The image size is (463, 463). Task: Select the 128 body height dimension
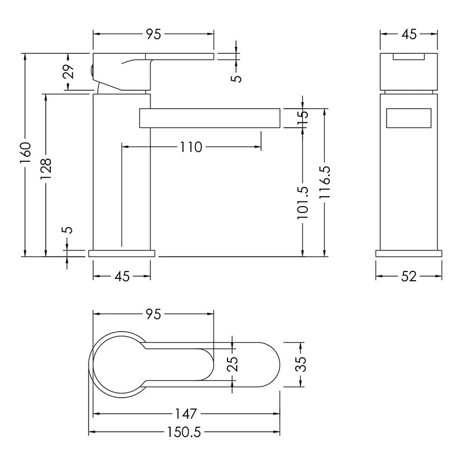46,168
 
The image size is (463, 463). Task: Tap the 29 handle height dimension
68,71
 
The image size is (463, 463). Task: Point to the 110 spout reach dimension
191,147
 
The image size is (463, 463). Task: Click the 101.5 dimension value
303,203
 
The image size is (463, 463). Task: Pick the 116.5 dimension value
325,182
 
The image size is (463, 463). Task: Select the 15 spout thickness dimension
303,118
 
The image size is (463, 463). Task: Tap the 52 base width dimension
409,277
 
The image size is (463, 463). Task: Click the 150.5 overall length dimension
184,432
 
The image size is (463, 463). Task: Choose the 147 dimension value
186,414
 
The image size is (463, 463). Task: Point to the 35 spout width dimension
301,364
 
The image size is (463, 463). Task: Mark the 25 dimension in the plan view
233,364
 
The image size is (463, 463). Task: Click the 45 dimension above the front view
409,34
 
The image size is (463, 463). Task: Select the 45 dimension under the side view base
122,277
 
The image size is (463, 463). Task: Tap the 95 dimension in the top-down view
153,314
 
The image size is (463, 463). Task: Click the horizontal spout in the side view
210,118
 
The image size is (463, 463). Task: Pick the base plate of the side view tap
122,253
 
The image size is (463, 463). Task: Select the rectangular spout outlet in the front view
409,118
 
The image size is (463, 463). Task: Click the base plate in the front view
409,253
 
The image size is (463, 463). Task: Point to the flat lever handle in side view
179,56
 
